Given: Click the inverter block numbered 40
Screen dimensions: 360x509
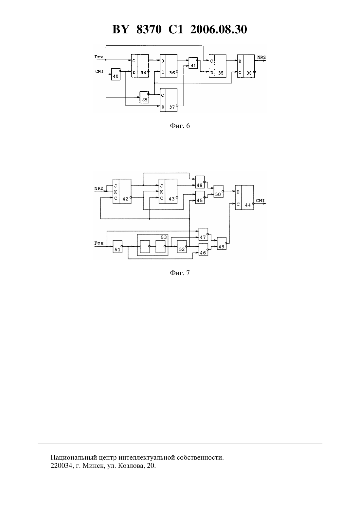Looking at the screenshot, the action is tap(116, 74).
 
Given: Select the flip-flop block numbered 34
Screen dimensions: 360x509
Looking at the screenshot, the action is tap(140, 66).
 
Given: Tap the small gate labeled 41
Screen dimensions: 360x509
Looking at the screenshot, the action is tap(193, 63).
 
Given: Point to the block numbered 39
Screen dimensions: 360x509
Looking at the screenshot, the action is tap(144, 97).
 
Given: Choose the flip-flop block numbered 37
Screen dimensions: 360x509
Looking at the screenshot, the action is tap(169, 100).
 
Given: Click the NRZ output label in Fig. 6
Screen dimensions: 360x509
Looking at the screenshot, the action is tap(261, 57).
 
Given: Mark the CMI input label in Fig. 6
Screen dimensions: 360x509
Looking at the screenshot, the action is tap(99, 72).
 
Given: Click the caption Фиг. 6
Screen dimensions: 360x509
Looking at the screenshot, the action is tap(180, 126).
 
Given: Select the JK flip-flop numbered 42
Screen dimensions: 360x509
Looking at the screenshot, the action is tap(122, 191).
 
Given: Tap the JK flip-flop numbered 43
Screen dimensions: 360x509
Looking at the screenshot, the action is tap(168, 191).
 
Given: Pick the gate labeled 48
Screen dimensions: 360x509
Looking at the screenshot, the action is tap(200, 182).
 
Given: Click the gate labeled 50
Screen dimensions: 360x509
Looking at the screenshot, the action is tap(218, 191).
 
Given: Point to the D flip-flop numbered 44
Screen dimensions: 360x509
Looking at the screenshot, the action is tap(244, 198).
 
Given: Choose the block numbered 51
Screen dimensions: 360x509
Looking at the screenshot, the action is tap(117, 247).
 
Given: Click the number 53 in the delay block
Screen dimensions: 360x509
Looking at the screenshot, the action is tap(164, 237).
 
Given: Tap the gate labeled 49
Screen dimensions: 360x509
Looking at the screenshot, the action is tap(222, 243).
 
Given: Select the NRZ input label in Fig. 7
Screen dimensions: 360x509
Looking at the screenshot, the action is tap(99, 188).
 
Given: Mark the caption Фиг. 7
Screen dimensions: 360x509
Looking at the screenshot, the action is tap(180, 273).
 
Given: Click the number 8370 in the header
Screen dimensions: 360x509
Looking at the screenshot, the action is tap(149, 29).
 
